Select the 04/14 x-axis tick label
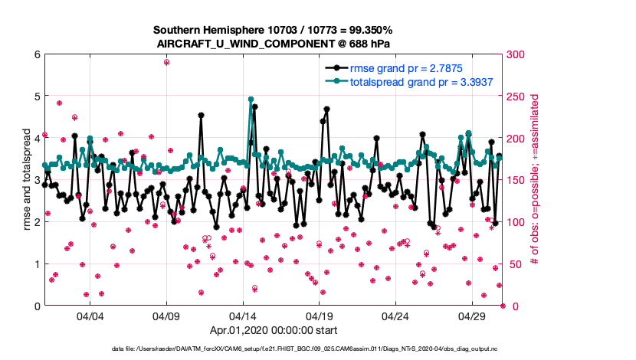(x=243, y=316)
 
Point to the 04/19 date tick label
(x=319, y=316)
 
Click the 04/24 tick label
(x=395, y=316)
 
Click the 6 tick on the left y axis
(x=36, y=54)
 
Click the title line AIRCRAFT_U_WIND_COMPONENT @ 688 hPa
(x=274, y=44)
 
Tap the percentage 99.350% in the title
(x=367, y=30)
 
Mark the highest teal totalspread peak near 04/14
(x=251, y=100)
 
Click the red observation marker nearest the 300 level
(x=166, y=62)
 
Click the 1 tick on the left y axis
(x=36, y=264)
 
